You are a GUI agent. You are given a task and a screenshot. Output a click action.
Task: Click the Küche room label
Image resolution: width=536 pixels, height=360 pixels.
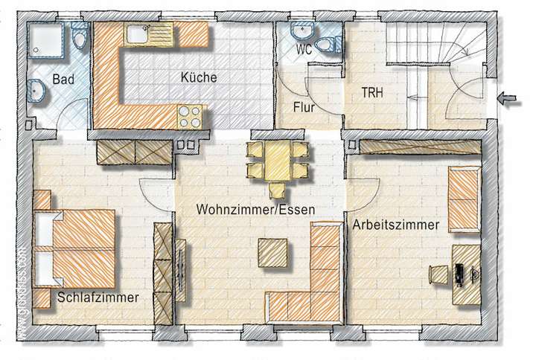tap(199, 77)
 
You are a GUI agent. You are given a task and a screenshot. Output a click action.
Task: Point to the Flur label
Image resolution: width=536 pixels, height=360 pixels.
tap(302, 108)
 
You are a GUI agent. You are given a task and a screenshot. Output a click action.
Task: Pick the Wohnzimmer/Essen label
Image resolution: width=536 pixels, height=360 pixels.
tap(255, 210)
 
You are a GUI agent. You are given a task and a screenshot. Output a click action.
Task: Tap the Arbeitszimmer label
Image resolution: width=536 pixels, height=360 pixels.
tap(396, 223)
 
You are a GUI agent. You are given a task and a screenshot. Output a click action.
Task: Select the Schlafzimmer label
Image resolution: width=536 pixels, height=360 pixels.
tap(98, 298)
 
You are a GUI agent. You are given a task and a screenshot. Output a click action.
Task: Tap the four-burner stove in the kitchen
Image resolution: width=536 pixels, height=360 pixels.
tap(189, 115)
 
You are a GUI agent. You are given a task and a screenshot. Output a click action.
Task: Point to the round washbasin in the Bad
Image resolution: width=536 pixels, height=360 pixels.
tap(37, 91)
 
